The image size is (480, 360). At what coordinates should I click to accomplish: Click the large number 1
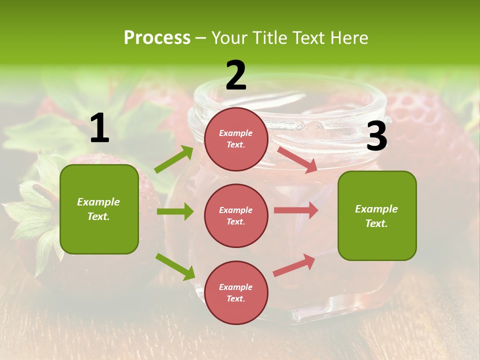coord(99,128)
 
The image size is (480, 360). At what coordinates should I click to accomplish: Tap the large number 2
coord(235,75)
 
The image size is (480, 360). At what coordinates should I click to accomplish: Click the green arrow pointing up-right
coord(174,159)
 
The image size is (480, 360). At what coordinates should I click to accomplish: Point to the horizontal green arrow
coord(175,211)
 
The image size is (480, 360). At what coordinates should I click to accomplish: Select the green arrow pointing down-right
coord(175,266)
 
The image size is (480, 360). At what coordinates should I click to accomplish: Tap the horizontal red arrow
coord(296,210)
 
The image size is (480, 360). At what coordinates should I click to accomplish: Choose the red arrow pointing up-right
coord(294,265)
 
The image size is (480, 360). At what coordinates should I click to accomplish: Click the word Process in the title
coord(157,37)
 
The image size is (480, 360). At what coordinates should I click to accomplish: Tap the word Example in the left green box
coord(98,202)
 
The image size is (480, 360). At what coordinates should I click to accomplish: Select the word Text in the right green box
coord(376,223)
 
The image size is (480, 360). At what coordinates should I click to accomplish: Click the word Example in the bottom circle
coord(236,287)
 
